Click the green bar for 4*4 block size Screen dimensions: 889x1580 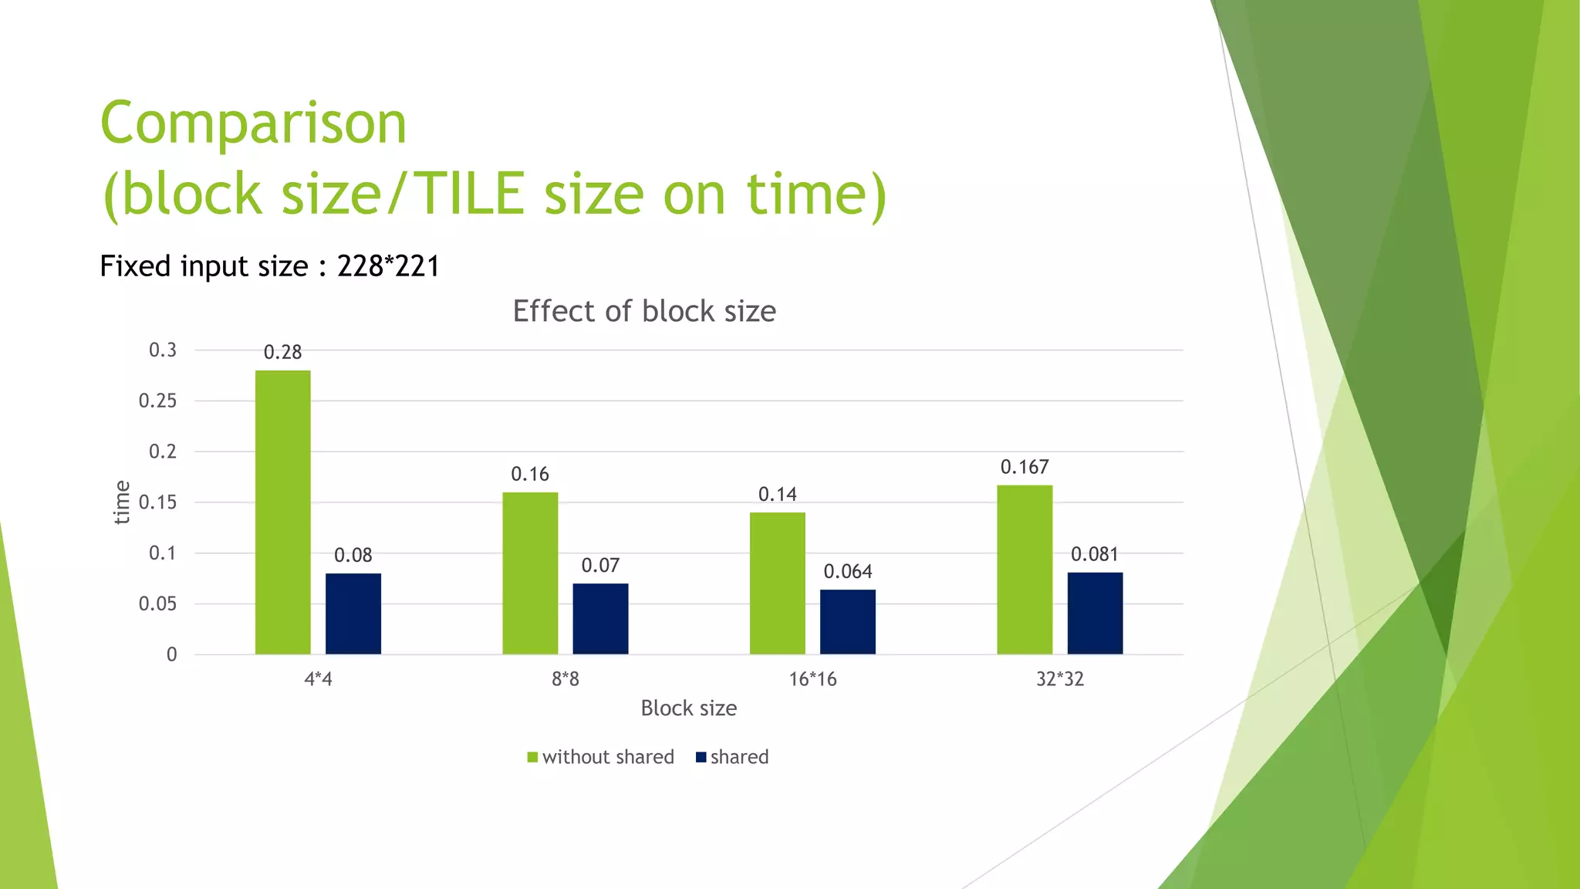pos(283,512)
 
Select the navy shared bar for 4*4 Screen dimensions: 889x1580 pos(353,614)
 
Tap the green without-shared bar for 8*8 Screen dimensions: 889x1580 pos(530,573)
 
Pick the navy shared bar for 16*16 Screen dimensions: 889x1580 pos(848,622)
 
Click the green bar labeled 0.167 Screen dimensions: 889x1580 pos(1025,570)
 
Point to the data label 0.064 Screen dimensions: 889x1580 pos(848,572)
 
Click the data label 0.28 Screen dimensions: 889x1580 pos(283,353)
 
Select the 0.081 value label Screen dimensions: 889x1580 pos(1094,554)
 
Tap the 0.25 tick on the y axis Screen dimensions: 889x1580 pos(158,401)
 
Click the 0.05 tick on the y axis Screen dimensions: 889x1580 pos(158,604)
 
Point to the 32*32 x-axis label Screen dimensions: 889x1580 pos(1060,679)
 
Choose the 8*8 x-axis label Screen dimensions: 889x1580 pos(565,679)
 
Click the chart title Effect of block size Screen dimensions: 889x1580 pos(644,312)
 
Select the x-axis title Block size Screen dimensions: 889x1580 pos(688,708)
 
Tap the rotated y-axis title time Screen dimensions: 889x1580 pos(122,502)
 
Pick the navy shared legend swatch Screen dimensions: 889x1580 pos(701,757)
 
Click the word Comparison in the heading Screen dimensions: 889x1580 pos(253,123)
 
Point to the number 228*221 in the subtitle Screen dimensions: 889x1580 pos(388,266)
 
